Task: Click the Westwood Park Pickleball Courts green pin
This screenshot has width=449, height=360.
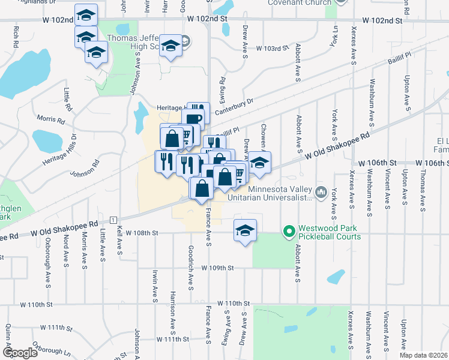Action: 289,230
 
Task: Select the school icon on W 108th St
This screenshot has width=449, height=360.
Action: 245,231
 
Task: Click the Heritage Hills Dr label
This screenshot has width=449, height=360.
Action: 60,150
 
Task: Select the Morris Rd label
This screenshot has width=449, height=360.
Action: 50,119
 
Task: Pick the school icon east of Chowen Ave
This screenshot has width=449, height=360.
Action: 259,163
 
